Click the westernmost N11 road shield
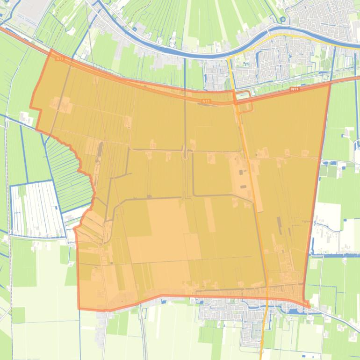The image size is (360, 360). click(x=59, y=58)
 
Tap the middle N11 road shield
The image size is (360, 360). click(x=206, y=101)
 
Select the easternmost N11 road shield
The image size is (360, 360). click(x=294, y=89)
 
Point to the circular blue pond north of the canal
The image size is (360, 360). click(x=283, y=19)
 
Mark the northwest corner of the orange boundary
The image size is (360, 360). click(x=50, y=50)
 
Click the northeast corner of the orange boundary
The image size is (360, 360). click(x=330, y=85)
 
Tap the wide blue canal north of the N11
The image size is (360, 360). click(x=187, y=53)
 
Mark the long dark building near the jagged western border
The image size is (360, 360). click(x=100, y=150)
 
